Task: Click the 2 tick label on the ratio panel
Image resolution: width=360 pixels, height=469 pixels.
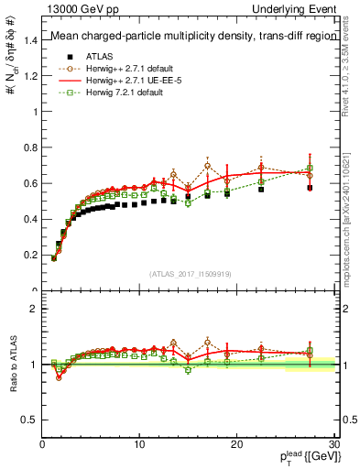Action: [35, 309]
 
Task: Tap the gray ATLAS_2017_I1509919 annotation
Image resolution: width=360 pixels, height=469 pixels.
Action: [190, 272]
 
